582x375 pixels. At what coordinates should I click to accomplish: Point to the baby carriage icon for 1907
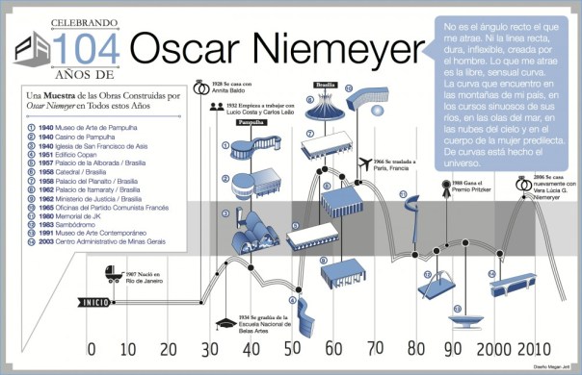[114, 277]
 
